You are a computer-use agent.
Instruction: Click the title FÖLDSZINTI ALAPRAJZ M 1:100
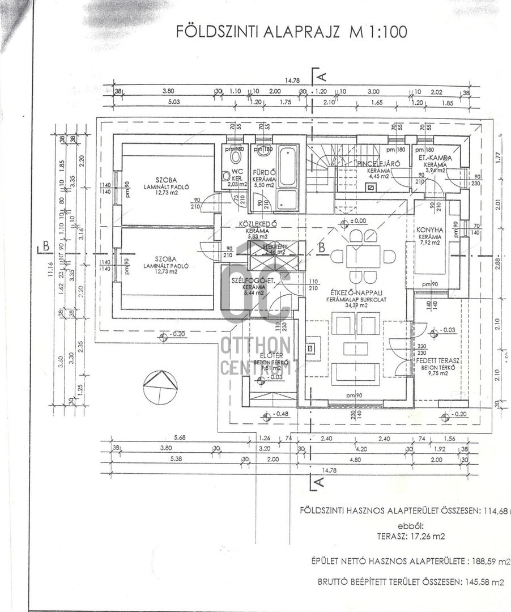[291, 31]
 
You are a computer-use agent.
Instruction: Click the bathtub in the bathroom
[288, 166]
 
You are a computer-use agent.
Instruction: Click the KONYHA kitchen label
[429, 229]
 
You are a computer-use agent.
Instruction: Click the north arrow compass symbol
[160, 387]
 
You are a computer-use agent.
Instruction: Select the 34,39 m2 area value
[355, 306]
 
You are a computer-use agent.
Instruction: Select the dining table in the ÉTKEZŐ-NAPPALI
[363, 256]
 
